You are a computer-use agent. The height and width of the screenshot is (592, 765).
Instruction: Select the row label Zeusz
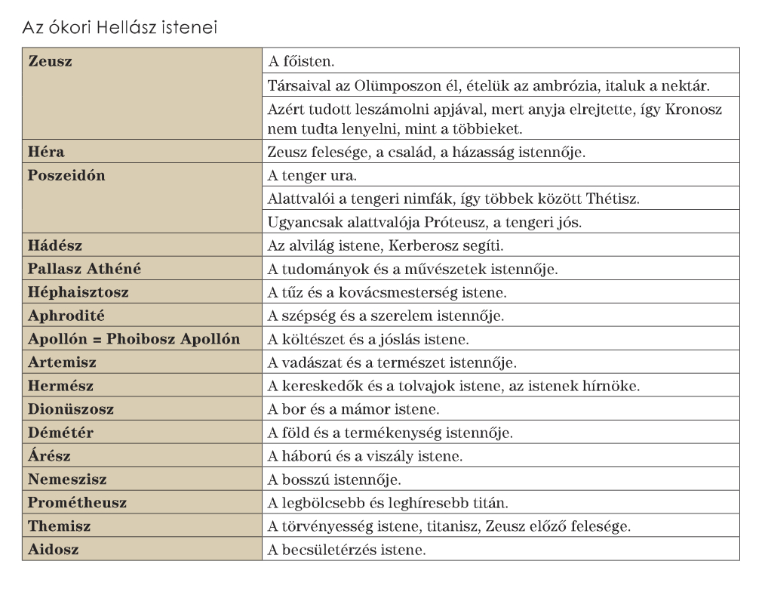pos(51,61)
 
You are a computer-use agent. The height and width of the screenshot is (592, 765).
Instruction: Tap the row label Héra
pos(46,152)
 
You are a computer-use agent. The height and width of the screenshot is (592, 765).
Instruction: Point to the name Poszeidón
pos(66,175)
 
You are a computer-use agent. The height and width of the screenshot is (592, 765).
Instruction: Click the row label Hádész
pos(55,245)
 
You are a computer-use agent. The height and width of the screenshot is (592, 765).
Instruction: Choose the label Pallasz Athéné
pos(84,269)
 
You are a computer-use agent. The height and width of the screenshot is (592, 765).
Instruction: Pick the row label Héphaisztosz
pos(78,292)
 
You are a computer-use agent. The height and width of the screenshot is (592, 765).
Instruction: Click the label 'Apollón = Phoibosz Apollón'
pos(134,339)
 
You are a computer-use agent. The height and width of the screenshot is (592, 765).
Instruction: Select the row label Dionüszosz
pos(71,409)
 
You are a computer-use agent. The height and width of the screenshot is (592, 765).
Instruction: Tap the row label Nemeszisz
pos(67,479)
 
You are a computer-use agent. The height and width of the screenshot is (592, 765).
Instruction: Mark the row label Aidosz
pos(53,550)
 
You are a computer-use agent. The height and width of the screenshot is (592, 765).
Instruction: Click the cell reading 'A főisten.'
pos(301,61)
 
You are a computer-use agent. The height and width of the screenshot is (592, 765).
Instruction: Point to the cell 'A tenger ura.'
pos(312,175)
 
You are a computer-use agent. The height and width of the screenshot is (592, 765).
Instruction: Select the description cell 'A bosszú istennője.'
pos(334,479)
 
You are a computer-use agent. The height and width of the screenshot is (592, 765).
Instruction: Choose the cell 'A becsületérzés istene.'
pos(347,550)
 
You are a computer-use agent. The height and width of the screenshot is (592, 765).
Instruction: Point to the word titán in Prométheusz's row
pos(491,503)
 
